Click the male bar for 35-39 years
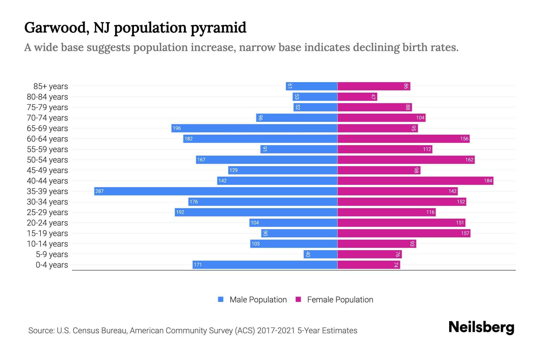(216, 191)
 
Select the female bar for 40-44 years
(415, 181)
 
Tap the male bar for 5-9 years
(320, 254)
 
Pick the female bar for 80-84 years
(357, 97)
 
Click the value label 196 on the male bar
(177, 128)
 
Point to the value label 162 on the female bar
(469, 160)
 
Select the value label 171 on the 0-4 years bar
(198, 265)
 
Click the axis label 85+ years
(51, 86)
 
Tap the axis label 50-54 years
(47, 160)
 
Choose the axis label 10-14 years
(47, 244)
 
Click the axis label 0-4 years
(52, 265)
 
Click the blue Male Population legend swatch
(221, 299)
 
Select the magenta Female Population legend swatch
(298, 299)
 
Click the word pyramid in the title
(218, 28)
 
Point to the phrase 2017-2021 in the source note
(276, 331)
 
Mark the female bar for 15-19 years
(404, 233)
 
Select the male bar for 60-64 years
(260, 139)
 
